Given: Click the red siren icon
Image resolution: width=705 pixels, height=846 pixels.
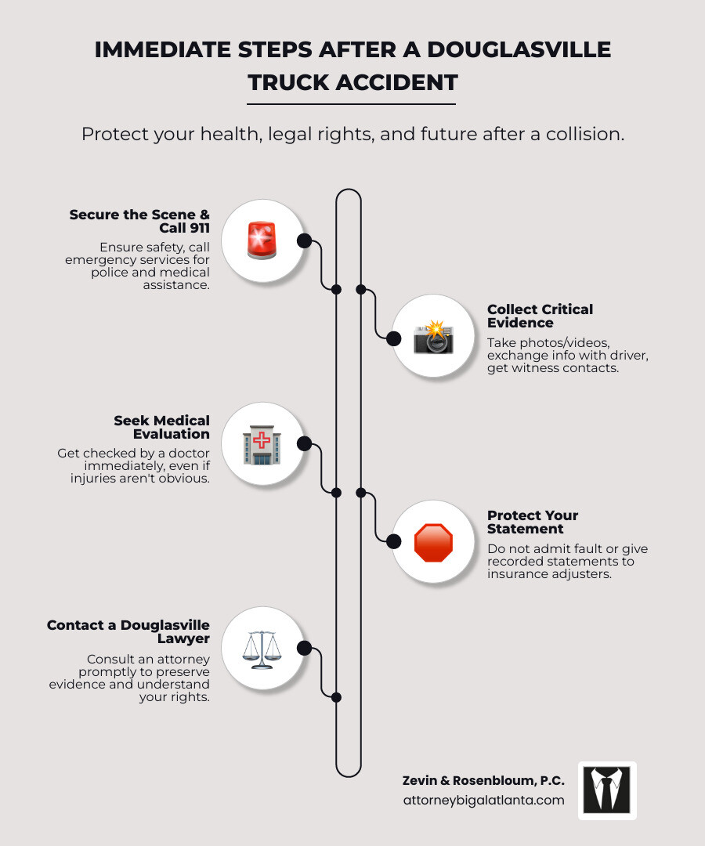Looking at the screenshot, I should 262,240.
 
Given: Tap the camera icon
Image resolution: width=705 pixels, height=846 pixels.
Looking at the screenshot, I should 433,337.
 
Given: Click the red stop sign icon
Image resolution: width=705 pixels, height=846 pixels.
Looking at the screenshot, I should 433,542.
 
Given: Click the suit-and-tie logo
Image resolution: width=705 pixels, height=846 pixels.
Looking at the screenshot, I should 607,790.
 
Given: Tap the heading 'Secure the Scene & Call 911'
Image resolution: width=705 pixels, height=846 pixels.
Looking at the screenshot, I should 139,221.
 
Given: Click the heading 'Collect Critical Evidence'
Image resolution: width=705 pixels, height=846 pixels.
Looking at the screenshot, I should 540,316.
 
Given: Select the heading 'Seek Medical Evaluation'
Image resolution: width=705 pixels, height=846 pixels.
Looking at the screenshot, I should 161,427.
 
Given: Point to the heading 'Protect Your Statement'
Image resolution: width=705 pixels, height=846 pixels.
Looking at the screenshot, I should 533,522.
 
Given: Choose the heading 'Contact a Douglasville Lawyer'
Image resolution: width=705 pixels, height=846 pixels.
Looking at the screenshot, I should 128,631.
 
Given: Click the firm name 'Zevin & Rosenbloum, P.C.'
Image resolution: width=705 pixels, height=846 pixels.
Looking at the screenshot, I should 483,780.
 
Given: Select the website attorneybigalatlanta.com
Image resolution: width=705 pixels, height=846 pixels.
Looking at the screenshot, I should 483,800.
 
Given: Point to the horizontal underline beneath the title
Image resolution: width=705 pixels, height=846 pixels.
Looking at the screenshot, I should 351,103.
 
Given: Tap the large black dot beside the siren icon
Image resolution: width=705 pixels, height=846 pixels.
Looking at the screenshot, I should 305,240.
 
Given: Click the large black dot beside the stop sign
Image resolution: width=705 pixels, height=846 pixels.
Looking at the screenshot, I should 394,541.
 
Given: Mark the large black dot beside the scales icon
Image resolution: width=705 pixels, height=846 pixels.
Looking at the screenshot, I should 305,649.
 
